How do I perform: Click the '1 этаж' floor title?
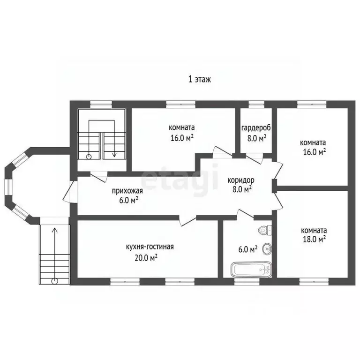200,79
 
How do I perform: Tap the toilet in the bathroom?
265,230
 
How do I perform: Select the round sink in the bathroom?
267,248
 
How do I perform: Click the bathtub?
251,269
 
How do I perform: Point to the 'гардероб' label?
256,128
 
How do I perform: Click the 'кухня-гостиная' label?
150,247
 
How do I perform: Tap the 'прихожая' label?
127,191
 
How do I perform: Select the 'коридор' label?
241,180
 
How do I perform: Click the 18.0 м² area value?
315,240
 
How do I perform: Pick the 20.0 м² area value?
146,258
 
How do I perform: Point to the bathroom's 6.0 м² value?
247,249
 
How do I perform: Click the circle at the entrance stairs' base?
55,281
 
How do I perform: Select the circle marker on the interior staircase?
89,157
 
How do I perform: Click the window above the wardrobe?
256,105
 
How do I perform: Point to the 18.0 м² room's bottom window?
314,281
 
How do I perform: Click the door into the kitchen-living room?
187,220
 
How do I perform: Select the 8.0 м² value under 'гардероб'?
257,138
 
